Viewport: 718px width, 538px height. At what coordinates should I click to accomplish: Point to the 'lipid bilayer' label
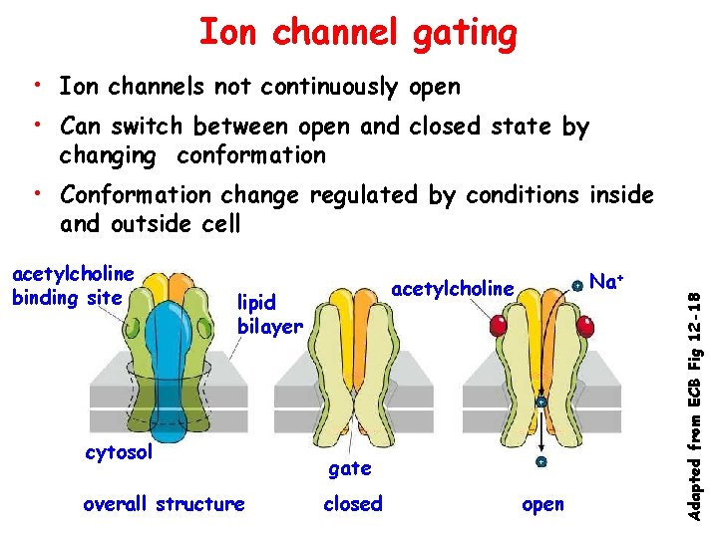point(268,314)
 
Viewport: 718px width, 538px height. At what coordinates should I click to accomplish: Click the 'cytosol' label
point(119,453)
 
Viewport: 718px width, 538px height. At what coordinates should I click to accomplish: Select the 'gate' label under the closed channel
point(349,467)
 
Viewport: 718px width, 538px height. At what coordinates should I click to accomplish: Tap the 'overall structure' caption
point(164,504)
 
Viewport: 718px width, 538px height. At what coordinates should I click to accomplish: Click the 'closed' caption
point(353,504)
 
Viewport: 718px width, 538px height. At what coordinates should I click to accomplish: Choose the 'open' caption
point(542,504)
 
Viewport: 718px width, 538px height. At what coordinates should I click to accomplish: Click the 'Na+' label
point(605,282)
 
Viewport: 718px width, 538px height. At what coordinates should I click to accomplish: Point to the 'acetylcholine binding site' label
point(72,285)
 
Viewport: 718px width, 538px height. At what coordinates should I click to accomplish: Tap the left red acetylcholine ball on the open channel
point(500,325)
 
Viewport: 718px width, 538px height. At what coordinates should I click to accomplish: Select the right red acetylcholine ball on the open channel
point(588,325)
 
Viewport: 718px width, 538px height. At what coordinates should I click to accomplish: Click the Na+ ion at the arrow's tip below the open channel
point(540,462)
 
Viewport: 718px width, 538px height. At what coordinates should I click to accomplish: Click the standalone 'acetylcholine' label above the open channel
point(453,289)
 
